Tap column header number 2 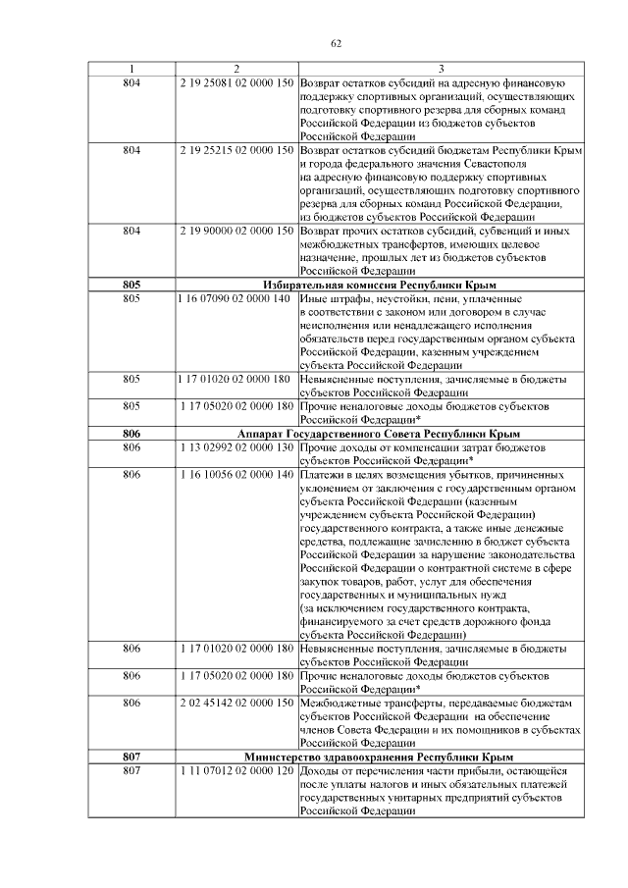coord(236,68)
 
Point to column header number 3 coord(442,68)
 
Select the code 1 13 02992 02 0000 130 coord(236,446)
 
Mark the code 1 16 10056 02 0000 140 coord(236,474)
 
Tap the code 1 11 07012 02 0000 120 coord(236,771)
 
